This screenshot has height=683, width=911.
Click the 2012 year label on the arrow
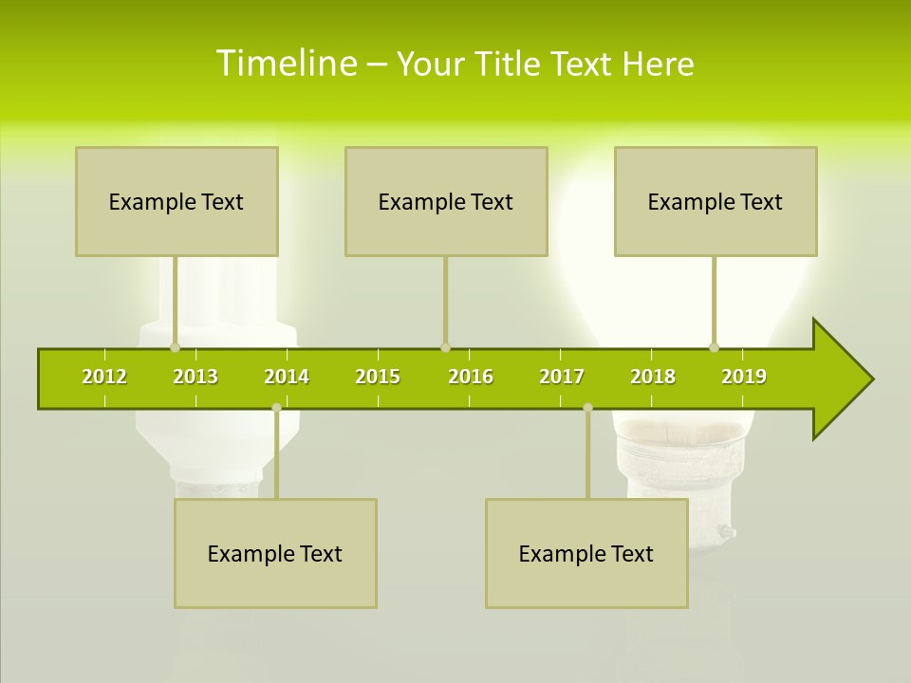click(104, 377)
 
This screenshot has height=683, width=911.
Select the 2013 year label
click(195, 377)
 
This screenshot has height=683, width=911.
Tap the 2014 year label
click(287, 377)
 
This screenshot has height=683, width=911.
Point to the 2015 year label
click(378, 377)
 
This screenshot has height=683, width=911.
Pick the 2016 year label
click(471, 377)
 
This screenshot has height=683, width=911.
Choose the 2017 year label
click(562, 377)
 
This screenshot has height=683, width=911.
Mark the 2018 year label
click(653, 377)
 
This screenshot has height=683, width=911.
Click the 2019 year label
click(744, 377)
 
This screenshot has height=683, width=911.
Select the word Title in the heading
click(510, 64)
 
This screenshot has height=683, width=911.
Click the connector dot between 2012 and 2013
click(175, 347)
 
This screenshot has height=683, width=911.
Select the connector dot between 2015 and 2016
click(445, 347)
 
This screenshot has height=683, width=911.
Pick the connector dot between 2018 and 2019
click(715, 347)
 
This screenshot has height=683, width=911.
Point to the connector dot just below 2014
click(276, 408)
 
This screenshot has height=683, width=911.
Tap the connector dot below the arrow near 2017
click(587, 408)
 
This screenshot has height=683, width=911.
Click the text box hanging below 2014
click(275, 553)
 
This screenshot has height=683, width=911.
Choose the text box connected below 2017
click(586, 553)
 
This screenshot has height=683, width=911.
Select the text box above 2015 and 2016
click(446, 201)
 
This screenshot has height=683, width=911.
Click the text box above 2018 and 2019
click(716, 201)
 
